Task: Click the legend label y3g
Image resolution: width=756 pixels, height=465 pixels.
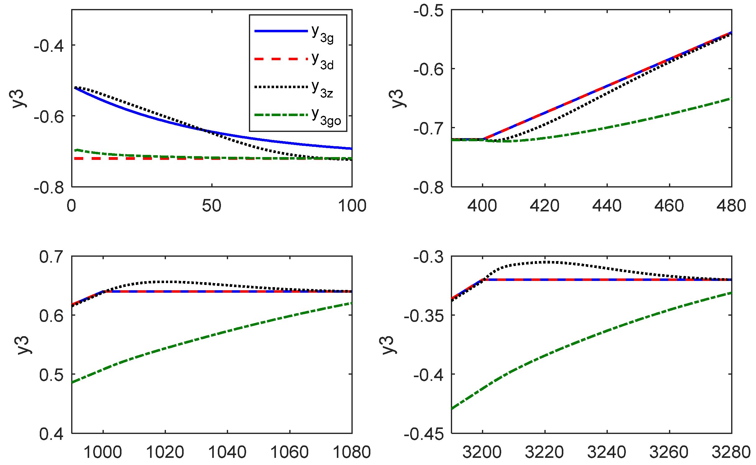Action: (323, 34)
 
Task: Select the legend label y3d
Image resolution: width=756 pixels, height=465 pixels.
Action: (323, 61)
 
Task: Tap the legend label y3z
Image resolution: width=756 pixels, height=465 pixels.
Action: (323, 89)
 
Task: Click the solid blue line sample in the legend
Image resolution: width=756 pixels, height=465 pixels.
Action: (281, 31)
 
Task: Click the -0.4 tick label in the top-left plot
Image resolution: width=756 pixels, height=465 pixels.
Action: (49, 46)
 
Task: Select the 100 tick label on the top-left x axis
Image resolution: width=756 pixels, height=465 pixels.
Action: (352, 205)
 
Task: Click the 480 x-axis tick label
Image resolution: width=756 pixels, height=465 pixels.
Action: (731, 205)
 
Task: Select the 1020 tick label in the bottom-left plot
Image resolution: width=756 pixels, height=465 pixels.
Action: (165, 452)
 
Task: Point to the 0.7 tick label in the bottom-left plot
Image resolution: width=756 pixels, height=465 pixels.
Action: (51, 257)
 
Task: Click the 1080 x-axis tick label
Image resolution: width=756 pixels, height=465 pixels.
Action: (352, 452)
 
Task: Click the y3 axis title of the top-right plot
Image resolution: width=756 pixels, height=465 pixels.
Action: (397, 98)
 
